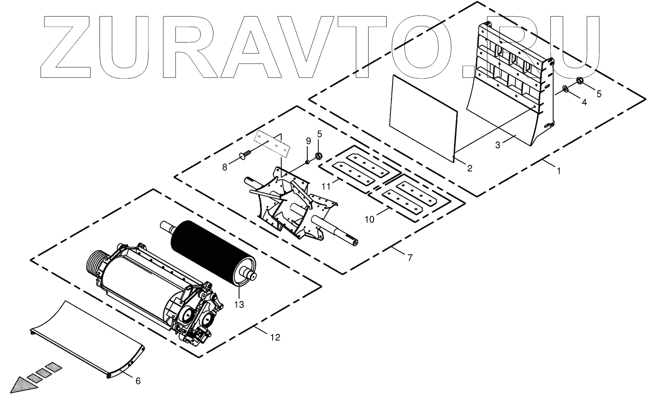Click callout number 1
pos(559,171)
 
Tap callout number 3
pos(497,145)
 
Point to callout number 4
pos(584,103)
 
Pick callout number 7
pos(410,258)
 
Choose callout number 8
pos(225,167)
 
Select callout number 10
pos(369,219)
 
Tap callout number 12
pos(275,337)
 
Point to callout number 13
pos(239,304)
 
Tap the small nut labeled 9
pos(307,161)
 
